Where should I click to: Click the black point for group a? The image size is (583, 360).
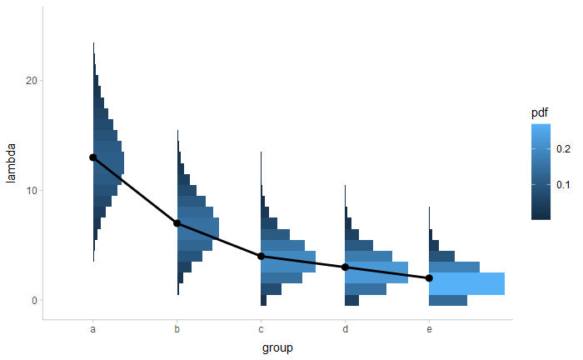click(x=93, y=157)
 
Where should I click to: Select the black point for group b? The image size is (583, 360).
click(x=177, y=223)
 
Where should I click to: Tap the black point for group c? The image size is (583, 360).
click(x=262, y=256)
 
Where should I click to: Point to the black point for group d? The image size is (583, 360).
click(x=345, y=267)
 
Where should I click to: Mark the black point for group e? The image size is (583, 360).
click(x=429, y=278)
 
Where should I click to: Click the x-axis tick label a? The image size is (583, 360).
click(x=93, y=330)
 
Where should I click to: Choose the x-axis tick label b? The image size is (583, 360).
click(x=177, y=330)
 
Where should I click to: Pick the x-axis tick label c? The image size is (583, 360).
click(x=262, y=330)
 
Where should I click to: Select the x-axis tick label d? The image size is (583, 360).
click(x=345, y=330)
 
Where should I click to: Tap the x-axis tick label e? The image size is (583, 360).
click(x=429, y=330)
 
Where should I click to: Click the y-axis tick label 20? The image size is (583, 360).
click(x=31, y=81)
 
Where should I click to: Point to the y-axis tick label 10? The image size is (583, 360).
click(x=31, y=191)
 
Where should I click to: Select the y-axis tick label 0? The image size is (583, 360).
click(x=33, y=301)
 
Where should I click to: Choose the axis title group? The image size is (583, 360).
click(x=277, y=347)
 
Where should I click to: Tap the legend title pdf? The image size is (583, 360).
click(x=540, y=112)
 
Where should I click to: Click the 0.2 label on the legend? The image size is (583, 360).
click(x=563, y=148)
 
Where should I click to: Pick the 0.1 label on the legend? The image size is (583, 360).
click(x=563, y=184)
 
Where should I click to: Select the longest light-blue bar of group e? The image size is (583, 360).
click(x=466, y=283)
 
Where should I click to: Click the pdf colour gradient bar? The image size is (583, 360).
click(x=541, y=171)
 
